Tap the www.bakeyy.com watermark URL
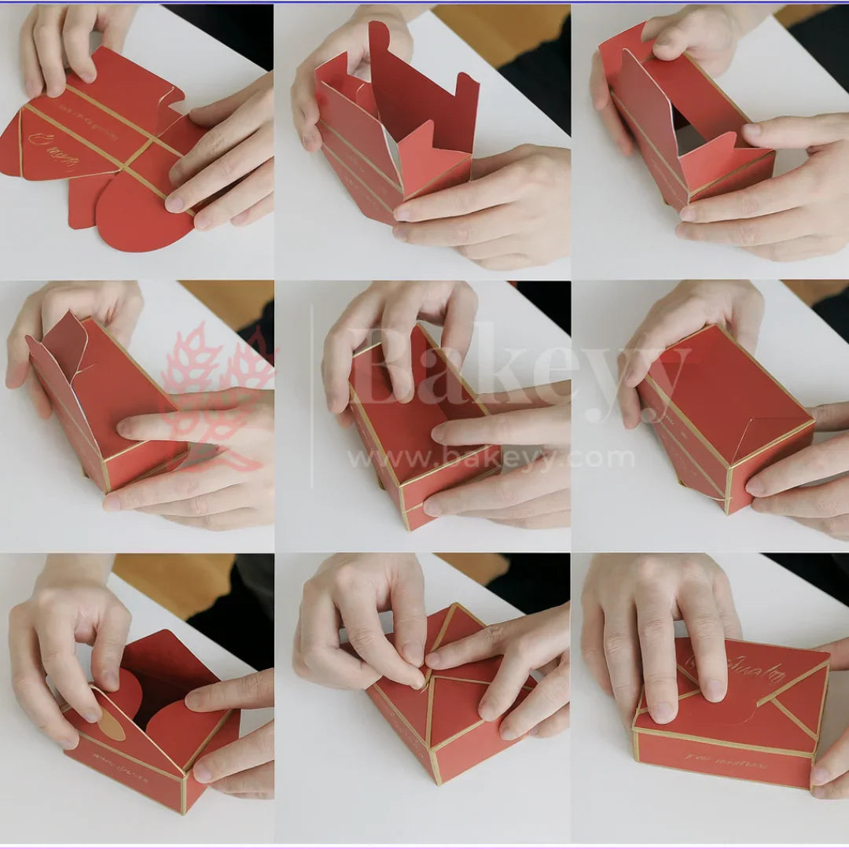491,458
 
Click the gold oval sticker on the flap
111,724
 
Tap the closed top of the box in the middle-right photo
723,385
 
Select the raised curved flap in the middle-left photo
63,346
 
